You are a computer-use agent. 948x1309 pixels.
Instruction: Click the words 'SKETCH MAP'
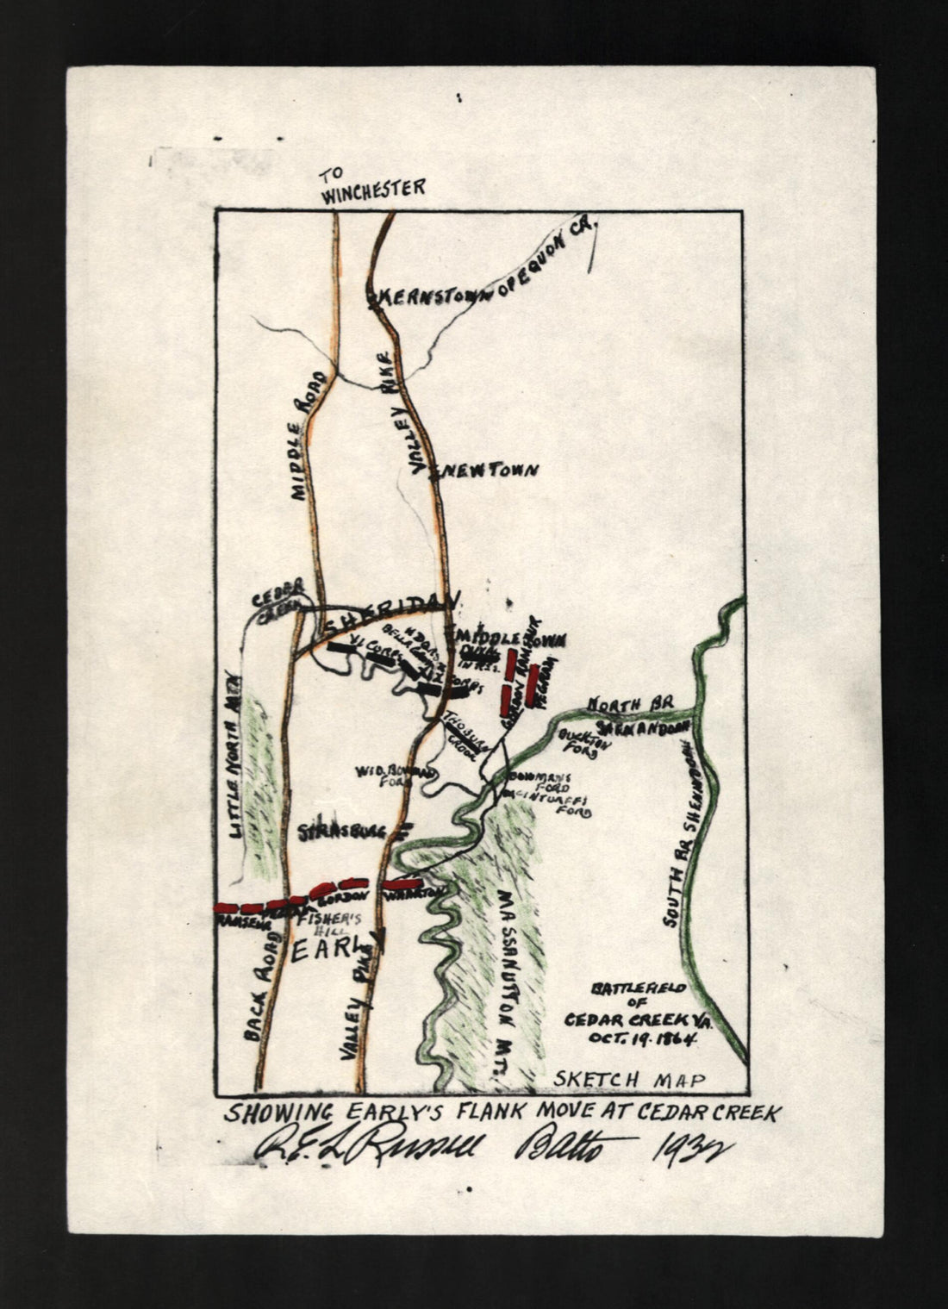(x=629, y=1079)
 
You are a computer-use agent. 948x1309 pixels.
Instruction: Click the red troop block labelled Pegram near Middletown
(x=534, y=684)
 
